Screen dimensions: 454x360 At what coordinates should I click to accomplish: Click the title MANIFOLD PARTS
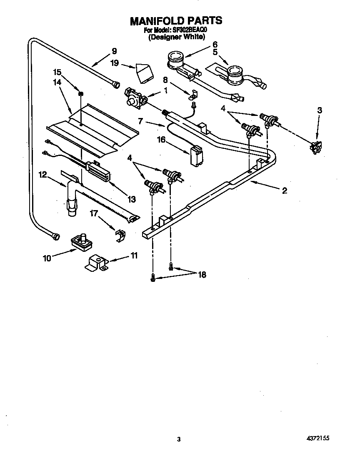pyautogui.click(x=176, y=20)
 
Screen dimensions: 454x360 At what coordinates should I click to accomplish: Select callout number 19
pyautogui.click(x=115, y=63)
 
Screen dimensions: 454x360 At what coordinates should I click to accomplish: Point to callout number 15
pyautogui.click(x=57, y=71)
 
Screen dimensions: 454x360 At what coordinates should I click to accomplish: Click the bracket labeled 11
pyautogui.click(x=96, y=263)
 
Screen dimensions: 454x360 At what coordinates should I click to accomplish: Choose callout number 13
pyautogui.click(x=132, y=199)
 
